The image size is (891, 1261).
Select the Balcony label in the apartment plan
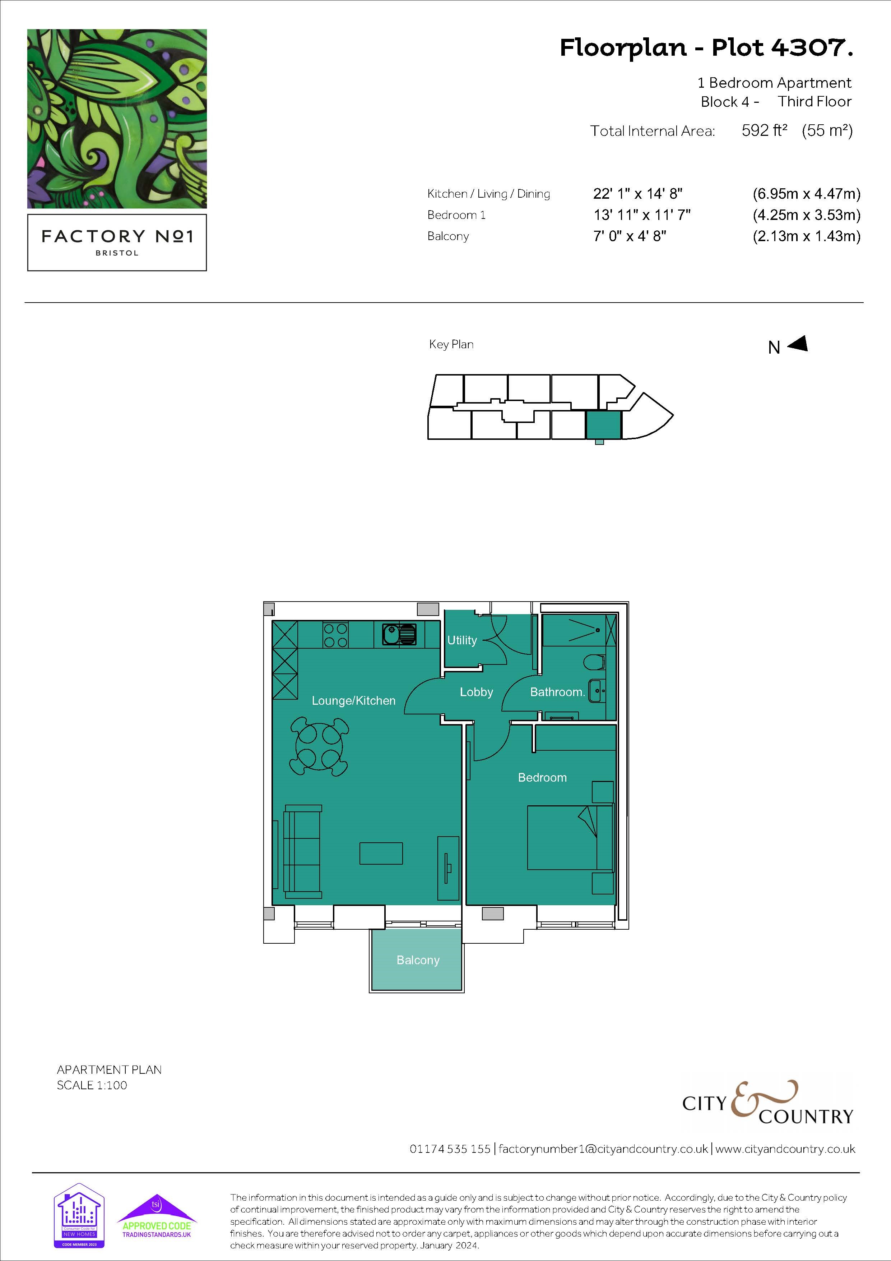click(418, 960)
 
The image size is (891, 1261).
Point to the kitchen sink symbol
click(399, 634)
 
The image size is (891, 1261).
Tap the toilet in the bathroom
click(595, 662)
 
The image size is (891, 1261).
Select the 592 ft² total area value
click(764, 131)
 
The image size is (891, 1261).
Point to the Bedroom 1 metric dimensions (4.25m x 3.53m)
click(807, 215)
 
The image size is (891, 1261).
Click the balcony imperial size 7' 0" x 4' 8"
click(630, 236)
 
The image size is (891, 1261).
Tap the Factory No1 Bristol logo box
click(117, 242)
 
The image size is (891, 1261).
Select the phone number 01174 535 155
click(450, 1149)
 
